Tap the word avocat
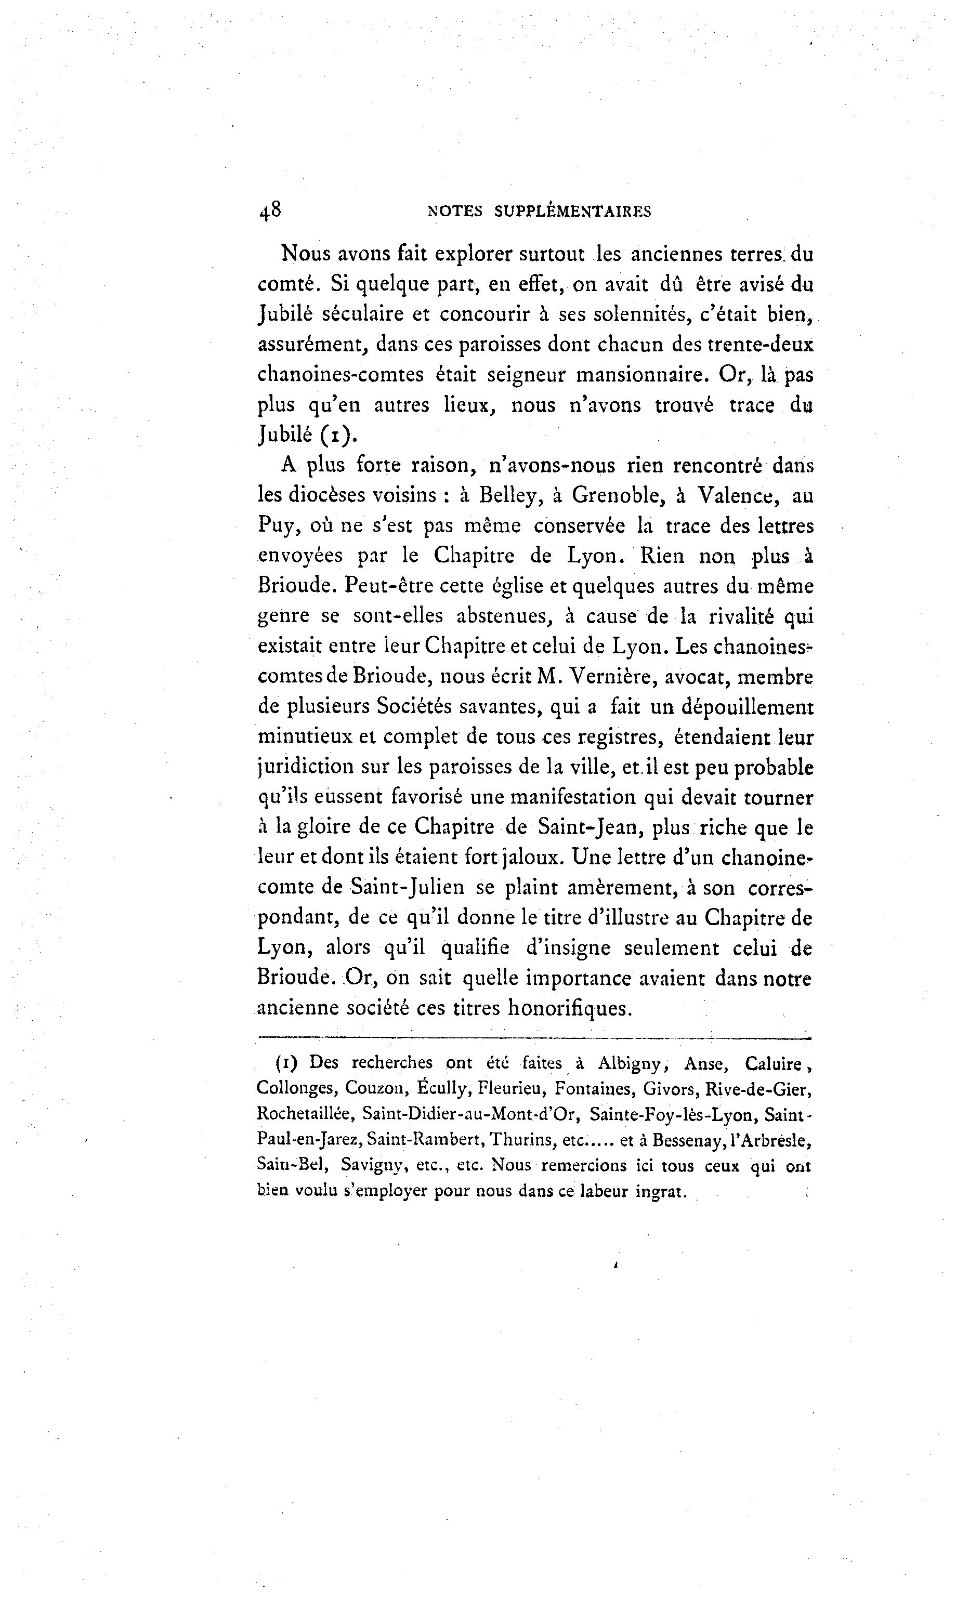click(697, 677)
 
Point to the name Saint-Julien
click(408, 888)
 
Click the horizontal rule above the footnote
click(534, 1038)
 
